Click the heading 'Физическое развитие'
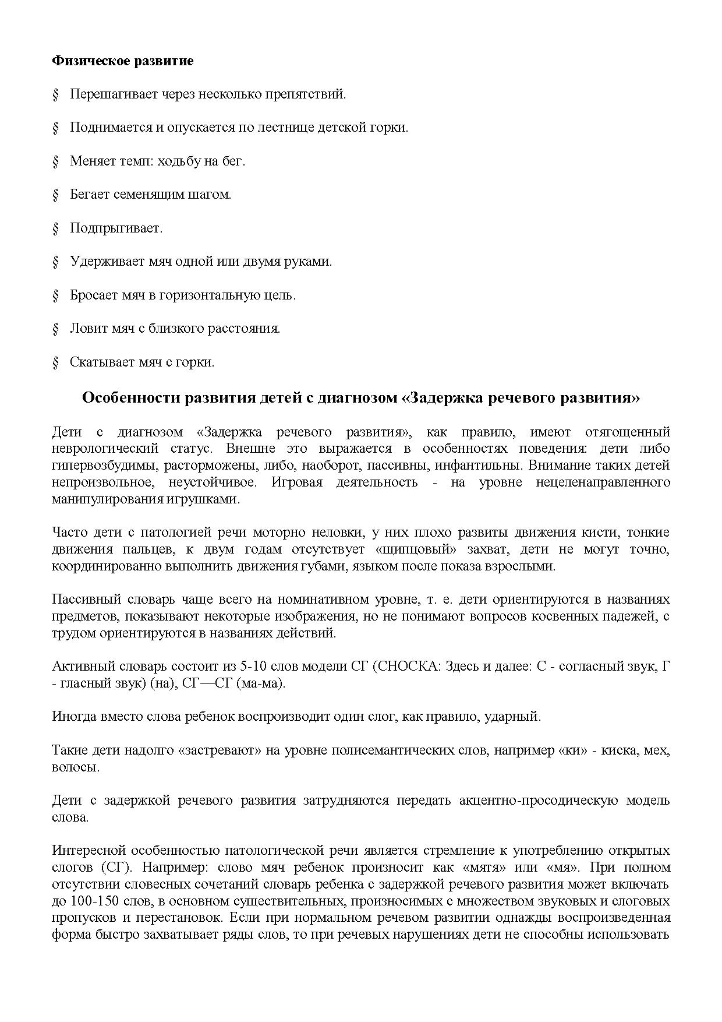point(123,61)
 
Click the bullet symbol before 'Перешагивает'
point(56,94)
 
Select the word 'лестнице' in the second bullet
point(284,128)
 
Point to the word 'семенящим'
point(147,195)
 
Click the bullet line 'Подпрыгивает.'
point(116,228)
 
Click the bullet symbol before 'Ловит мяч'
point(56,329)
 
